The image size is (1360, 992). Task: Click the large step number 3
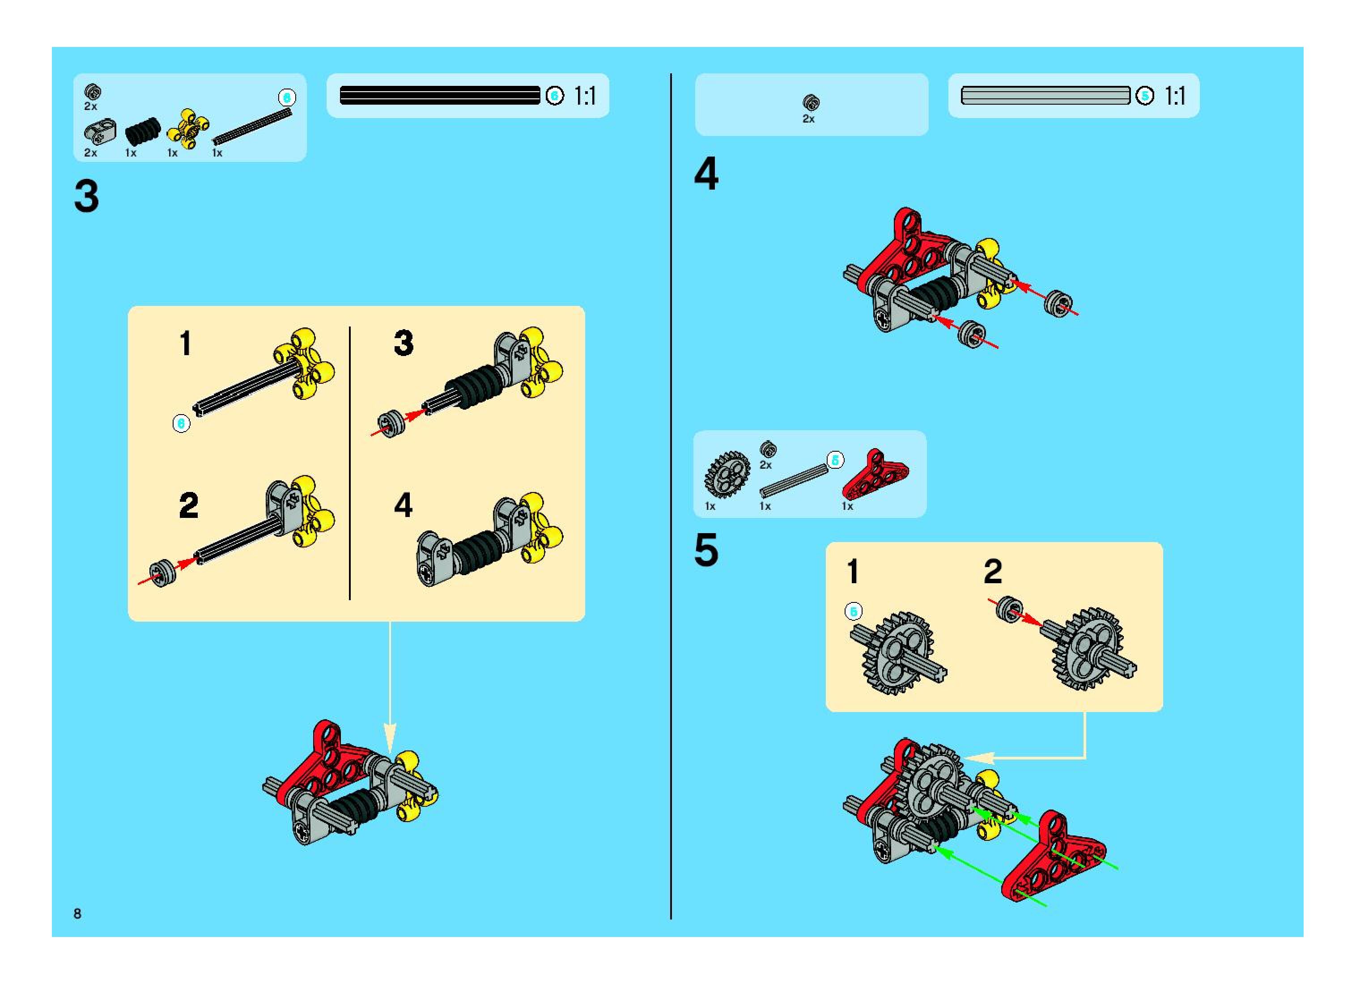click(x=86, y=196)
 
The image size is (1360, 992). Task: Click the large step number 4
click(x=706, y=174)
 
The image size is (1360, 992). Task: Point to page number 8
click(x=77, y=913)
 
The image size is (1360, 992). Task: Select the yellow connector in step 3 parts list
click(x=188, y=128)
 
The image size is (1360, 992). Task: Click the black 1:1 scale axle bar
click(x=440, y=95)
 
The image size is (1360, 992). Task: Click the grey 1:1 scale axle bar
click(x=1045, y=95)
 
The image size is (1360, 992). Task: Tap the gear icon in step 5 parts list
click(x=727, y=475)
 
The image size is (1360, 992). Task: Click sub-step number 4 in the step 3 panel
click(x=403, y=505)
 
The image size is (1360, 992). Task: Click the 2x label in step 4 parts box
click(x=808, y=119)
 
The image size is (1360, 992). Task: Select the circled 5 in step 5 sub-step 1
click(x=854, y=611)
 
